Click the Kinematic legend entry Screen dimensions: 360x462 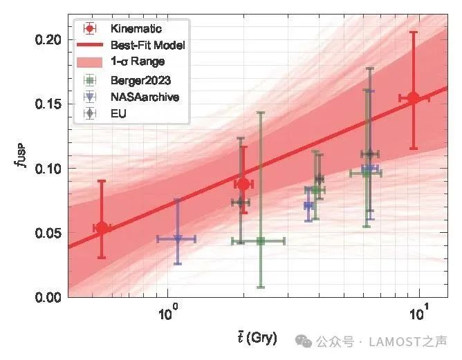point(136,29)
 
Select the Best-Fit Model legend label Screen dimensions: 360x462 point(147,45)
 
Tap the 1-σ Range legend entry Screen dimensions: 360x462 point(137,61)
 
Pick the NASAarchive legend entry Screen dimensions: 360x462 point(145,97)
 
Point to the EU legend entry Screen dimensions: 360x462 point(118,113)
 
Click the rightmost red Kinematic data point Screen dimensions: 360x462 point(414,98)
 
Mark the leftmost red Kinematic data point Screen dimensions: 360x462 point(102,227)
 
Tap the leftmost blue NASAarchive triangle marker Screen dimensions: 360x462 point(178,239)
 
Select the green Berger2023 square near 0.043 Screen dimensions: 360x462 point(261,241)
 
